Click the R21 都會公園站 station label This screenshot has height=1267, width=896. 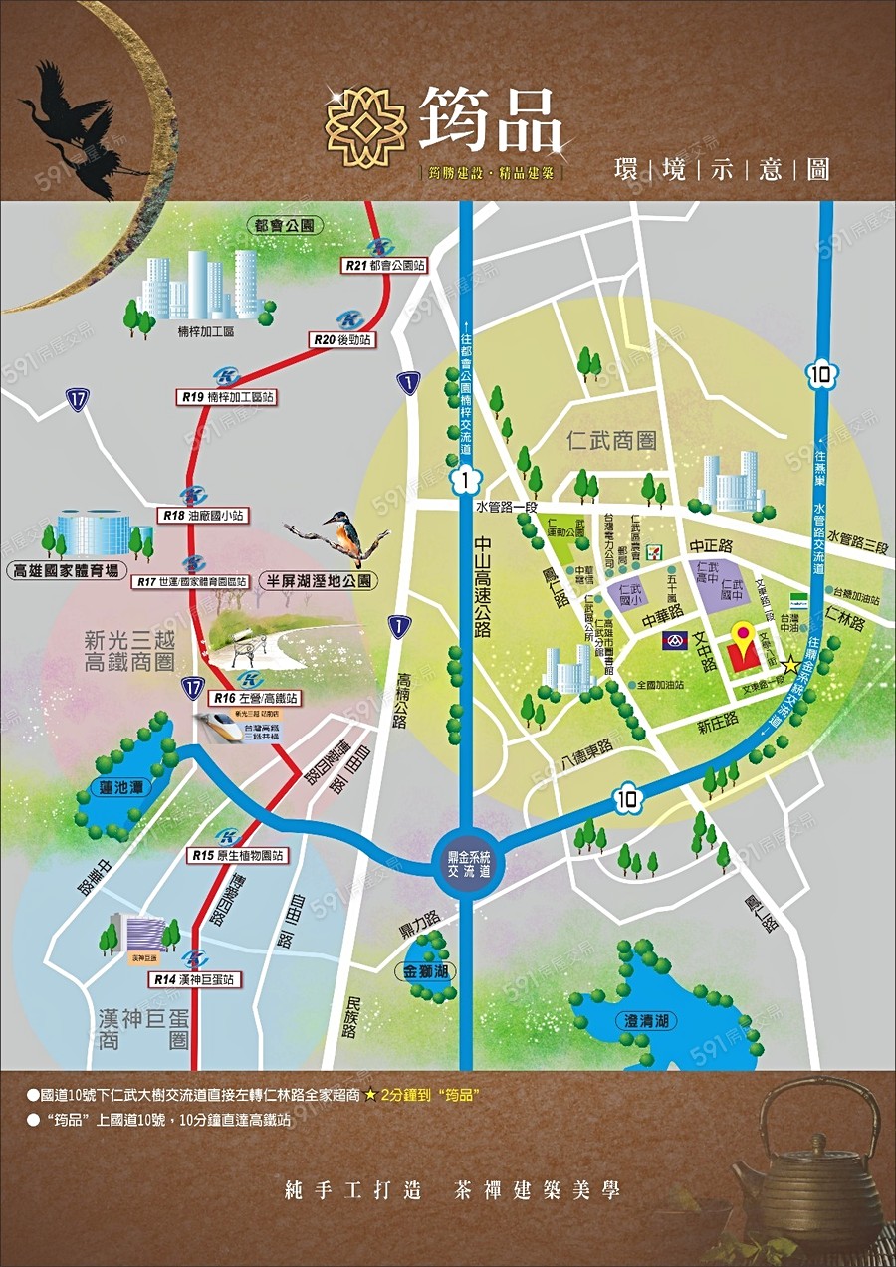[383, 266]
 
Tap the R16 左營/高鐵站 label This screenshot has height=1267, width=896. [255, 699]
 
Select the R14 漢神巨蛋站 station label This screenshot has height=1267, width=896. [196, 980]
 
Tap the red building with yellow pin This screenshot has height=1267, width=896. [741, 651]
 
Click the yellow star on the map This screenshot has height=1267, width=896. [789, 664]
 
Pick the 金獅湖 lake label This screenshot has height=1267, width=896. [425, 971]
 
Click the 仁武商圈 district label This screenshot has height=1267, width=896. [612, 440]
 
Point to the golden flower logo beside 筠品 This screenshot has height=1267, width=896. [366, 127]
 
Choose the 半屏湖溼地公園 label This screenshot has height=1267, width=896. [316, 580]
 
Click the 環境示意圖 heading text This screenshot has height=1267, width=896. [722, 168]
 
